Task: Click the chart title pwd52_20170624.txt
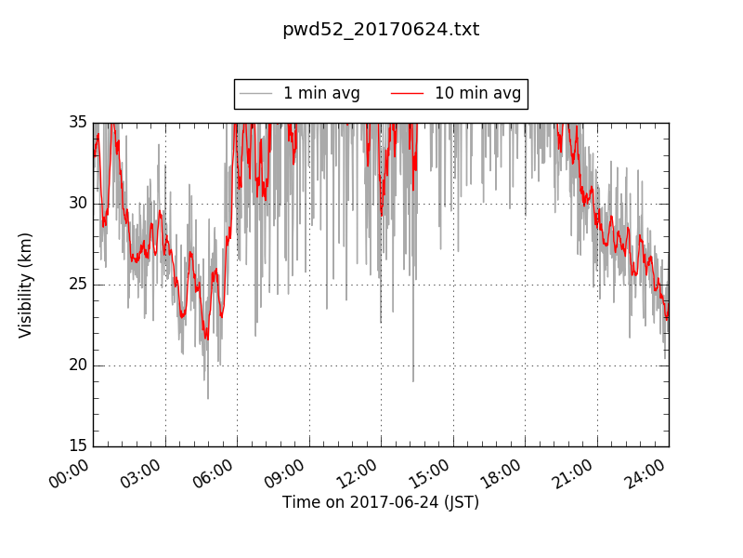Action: [381, 30]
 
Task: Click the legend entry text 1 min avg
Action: [321, 93]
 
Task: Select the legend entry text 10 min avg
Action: [477, 93]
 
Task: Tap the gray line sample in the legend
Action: [256, 93]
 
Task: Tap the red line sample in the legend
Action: [407, 93]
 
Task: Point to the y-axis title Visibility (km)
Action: [26, 285]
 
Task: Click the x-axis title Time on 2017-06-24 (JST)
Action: [381, 502]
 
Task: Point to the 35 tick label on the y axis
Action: [77, 123]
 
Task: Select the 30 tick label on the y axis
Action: [77, 204]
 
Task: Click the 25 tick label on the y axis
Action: [77, 285]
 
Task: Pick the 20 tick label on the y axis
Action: [77, 365]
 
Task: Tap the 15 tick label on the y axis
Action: [77, 446]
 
